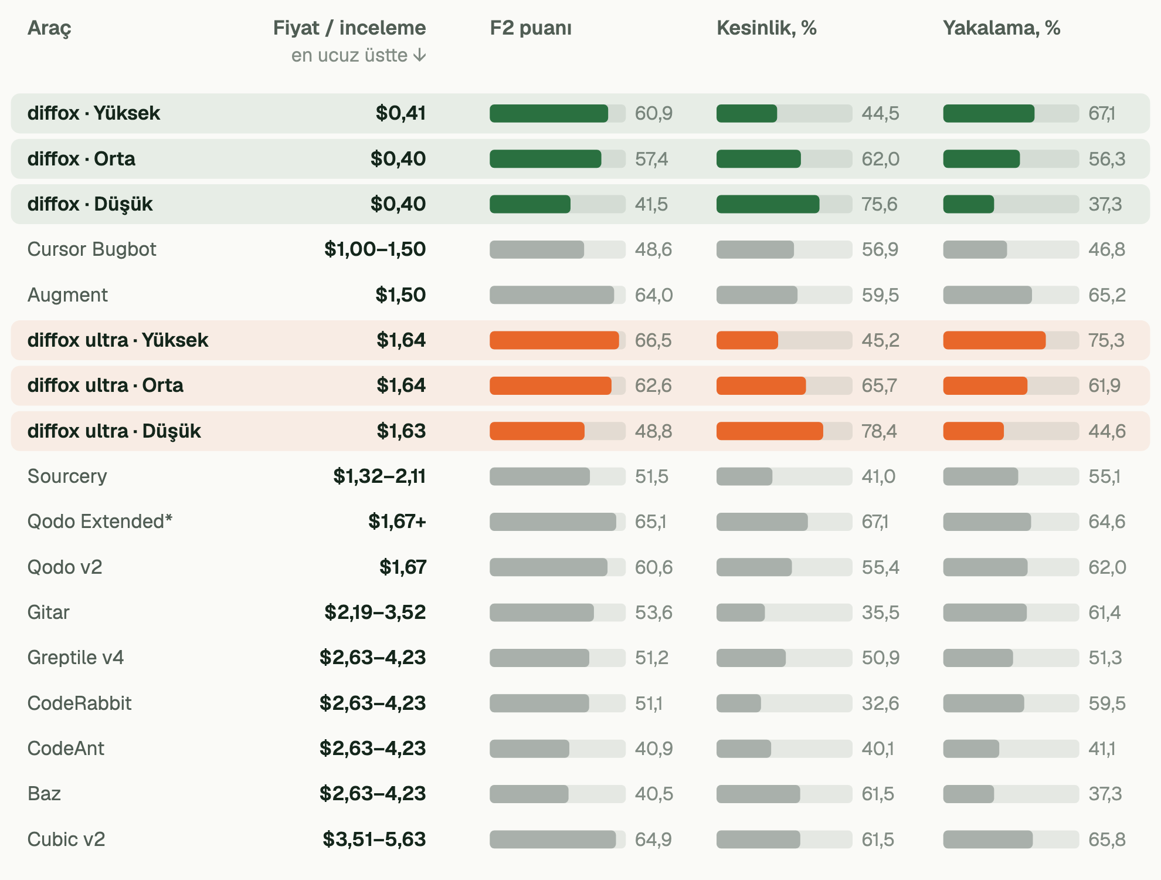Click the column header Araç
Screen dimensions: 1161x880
click(x=49, y=28)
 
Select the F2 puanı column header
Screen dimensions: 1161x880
click(x=531, y=28)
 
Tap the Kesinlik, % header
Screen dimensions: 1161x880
click(x=766, y=28)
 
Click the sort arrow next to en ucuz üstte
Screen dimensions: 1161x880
click(x=419, y=55)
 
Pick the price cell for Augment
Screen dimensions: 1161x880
click(x=400, y=295)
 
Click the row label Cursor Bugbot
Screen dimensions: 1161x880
click(x=92, y=249)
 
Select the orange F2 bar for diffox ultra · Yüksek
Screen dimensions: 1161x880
click(x=554, y=340)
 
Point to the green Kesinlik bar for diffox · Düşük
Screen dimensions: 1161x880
click(x=768, y=204)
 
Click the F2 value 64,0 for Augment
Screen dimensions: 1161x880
click(x=654, y=295)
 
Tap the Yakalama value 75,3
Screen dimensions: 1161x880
click(x=1106, y=340)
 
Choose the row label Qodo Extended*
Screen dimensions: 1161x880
click(x=100, y=522)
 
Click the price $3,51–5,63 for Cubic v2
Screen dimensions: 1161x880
click(x=374, y=839)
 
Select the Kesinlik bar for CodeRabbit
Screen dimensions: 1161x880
click(x=739, y=703)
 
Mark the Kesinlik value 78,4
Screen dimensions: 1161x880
click(x=879, y=431)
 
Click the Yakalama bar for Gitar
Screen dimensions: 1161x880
click(x=985, y=612)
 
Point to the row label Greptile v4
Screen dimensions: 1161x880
click(x=76, y=658)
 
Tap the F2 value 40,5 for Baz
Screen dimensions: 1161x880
click(x=654, y=794)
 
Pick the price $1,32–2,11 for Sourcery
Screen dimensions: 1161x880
click(x=379, y=476)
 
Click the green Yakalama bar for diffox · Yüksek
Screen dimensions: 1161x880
click(x=989, y=113)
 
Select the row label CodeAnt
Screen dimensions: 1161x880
click(x=66, y=749)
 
